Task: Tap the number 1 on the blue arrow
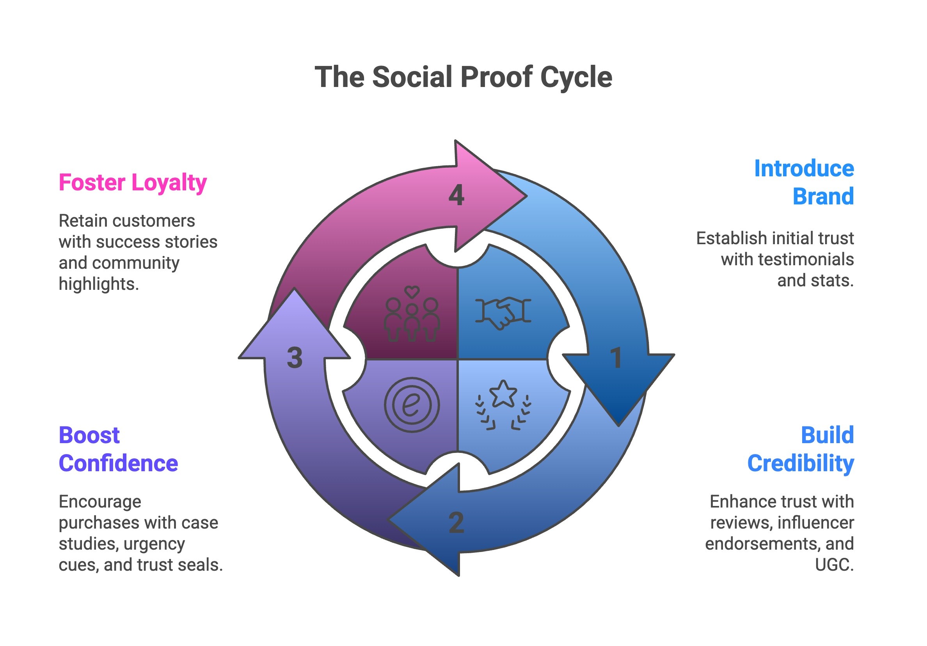[616, 358]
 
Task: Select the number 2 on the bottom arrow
[456, 522]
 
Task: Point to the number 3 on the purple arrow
[295, 358]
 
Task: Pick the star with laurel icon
[503, 405]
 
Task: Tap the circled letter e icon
[412, 405]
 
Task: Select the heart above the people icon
[412, 291]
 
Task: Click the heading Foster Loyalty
[132, 183]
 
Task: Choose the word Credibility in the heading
[800, 463]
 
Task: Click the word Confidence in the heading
[118, 463]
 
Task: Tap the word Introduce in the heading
[803, 169]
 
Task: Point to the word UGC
[834, 564]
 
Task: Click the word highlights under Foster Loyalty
[99, 284]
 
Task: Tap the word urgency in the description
[154, 544]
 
